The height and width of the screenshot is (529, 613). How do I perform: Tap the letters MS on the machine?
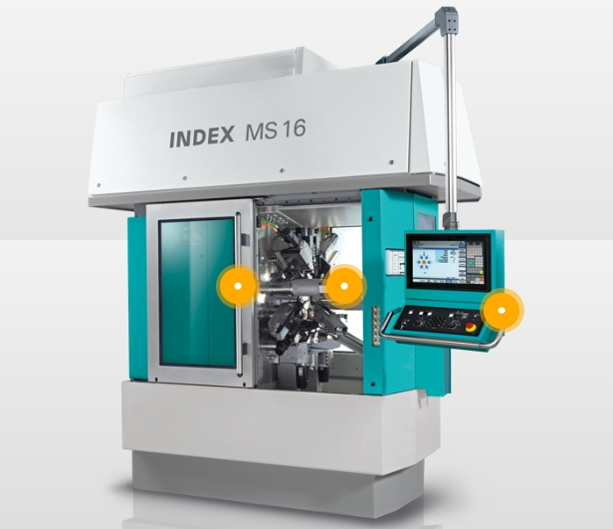point(261,132)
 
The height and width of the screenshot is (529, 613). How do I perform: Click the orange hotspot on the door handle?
point(238,286)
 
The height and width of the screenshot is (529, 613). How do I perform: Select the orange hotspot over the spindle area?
point(344,286)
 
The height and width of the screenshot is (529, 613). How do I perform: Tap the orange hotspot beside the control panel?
point(502,310)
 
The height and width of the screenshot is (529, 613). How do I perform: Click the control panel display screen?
point(449,262)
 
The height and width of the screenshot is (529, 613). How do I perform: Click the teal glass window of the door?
point(197,292)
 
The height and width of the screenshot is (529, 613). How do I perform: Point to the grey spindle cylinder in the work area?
point(307,289)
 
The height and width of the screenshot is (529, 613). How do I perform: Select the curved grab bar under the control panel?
point(441,341)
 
